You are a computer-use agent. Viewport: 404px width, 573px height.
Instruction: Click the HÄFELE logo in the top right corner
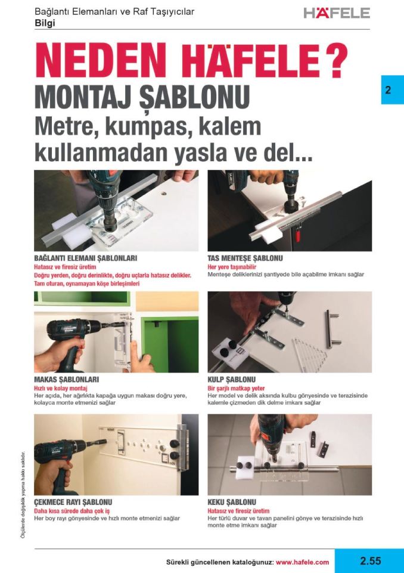337,13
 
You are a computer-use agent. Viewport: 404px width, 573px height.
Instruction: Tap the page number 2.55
369,561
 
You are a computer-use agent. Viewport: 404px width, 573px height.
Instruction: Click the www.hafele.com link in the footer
302,562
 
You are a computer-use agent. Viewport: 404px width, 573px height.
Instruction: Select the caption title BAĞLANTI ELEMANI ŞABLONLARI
86,258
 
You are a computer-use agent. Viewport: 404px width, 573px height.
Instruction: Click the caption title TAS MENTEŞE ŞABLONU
245,258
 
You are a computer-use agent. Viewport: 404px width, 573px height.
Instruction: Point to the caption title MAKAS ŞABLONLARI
67,380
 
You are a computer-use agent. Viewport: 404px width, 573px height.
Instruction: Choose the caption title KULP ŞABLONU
232,380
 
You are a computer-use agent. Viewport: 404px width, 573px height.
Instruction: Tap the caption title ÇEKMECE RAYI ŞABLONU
73,503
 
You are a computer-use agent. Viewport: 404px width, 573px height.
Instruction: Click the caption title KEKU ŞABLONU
232,503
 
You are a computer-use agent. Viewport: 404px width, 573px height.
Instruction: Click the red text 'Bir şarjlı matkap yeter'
236,388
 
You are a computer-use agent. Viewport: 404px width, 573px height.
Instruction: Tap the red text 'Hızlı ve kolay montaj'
62,388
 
